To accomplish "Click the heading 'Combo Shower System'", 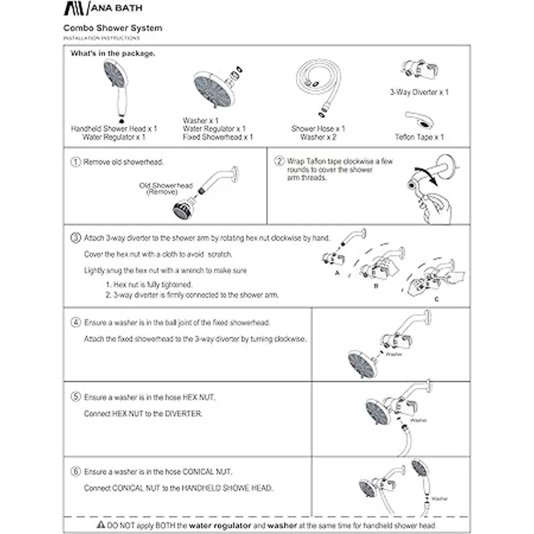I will pyautogui.click(x=113, y=28).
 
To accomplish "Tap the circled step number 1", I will pyautogui.click(x=76, y=162).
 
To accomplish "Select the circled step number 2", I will pyautogui.click(x=279, y=161).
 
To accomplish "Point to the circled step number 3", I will pyautogui.click(x=76, y=238).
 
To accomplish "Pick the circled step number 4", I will pyautogui.click(x=76, y=323).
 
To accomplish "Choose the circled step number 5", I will pyautogui.click(x=76, y=397).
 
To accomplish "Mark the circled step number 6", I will pyautogui.click(x=76, y=471).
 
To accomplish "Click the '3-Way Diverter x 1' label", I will pyautogui.click(x=419, y=92).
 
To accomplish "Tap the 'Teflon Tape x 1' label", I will pyautogui.click(x=419, y=137).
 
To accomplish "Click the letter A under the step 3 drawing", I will pyautogui.click(x=337, y=273).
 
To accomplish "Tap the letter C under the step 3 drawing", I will pyautogui.click(x=436, y=299).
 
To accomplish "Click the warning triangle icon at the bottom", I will pyautogui.click(x=101, y=525).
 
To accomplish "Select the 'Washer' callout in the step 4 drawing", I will pyautogui.click(x=394, y=354).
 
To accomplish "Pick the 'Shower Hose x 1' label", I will pyautogui.click(x=318, y=129).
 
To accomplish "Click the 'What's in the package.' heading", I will pyautogui.click(x=113, y=53).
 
